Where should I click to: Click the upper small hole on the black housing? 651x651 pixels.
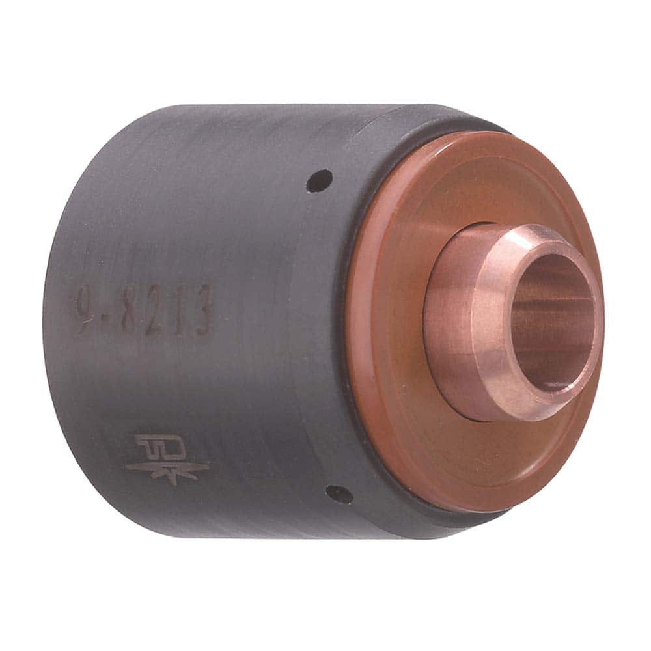[x=319, y=180]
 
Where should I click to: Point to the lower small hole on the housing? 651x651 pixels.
[x=339, y=495]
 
